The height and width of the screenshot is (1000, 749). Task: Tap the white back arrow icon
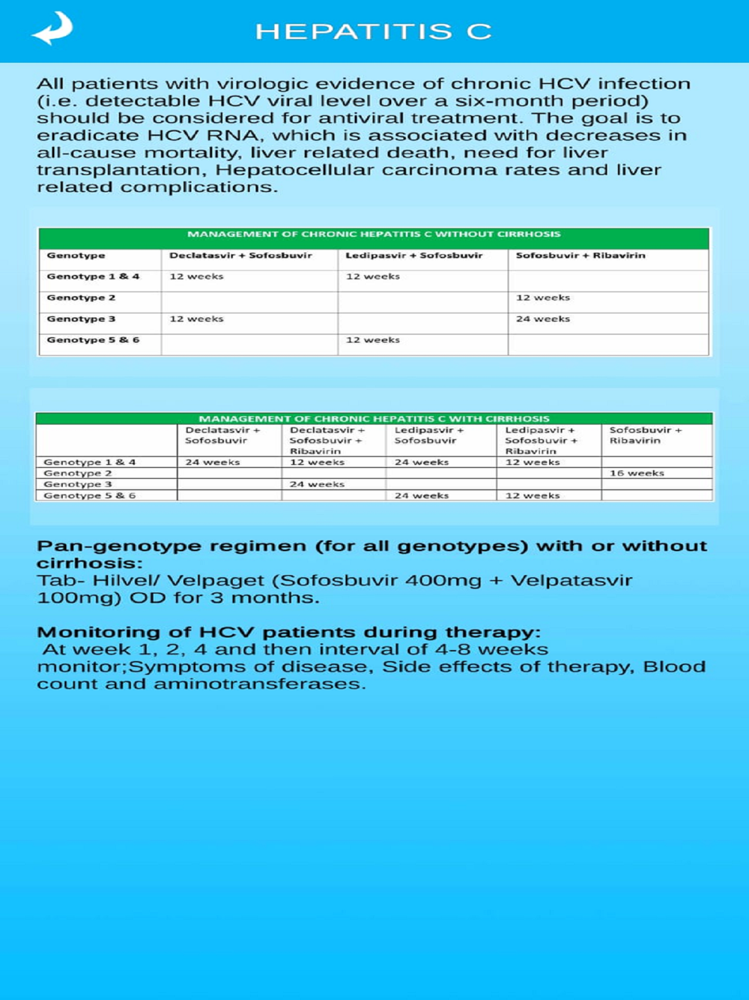click(52, 29)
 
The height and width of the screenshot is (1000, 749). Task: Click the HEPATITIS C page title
click(373, 31)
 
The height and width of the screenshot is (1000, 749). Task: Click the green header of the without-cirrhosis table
click(374, 235)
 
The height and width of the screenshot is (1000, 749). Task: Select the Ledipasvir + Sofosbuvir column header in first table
click(414, 256)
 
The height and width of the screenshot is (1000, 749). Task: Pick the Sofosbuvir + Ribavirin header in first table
click(580, 256)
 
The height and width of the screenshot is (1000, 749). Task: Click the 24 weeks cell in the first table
click(543, 319)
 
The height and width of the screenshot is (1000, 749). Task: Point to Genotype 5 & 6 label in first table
click(93, 340)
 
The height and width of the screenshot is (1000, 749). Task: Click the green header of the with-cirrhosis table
click(374, 418)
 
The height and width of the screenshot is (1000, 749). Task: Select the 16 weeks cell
click(637, 473)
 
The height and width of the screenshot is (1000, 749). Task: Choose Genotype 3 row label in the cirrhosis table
click(78, 484)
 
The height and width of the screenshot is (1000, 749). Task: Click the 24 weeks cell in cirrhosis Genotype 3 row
click(317, 484)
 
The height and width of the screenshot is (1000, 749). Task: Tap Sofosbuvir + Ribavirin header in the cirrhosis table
click(645, 436)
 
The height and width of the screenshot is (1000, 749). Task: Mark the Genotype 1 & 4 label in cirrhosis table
click(89, 463)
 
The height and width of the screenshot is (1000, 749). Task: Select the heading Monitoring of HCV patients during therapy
click(288, 632)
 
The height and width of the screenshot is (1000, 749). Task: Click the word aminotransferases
click(259, 684)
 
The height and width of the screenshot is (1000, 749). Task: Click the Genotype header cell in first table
click(76, 256)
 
